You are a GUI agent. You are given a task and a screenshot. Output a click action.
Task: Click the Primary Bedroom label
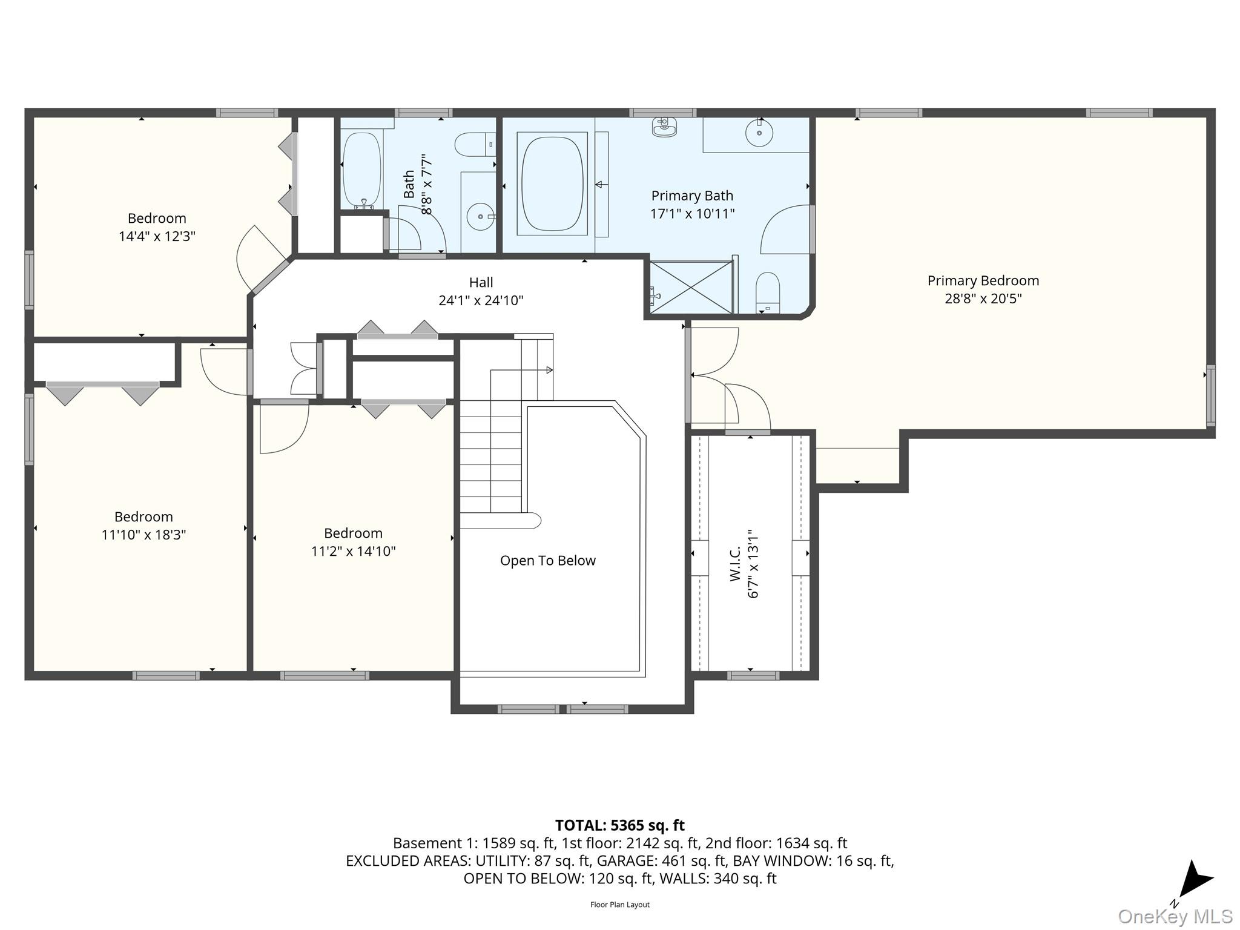pyautogui.click(x=983, y=281)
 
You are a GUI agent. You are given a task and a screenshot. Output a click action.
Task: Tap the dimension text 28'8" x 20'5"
pyautogui.click(x=983, y=298)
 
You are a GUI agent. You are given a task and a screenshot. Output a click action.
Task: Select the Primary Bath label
pyautogui.click(x=692, y=196)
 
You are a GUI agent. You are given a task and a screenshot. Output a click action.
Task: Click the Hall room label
pyautogui.click(x=481, y=282)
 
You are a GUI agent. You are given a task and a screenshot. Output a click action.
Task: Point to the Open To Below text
pyautogui.click(x=548, y=561)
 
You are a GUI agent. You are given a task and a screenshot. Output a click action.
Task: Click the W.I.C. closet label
pyautogui.click(x=736, y=564)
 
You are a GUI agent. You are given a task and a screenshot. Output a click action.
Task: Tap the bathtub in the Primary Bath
pyautogui.click(x=552, y=183)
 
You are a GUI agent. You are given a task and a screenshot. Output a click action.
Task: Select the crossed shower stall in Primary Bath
pyautogui.click(x=691, y=287)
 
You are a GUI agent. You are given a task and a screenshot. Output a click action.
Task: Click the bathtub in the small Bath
pyautogui.click(x=362, y=171)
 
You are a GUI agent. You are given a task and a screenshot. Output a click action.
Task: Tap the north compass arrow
pyautogui.click(x=1195, y=880)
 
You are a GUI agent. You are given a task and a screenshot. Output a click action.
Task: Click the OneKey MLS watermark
pyautogui.click(x=1175, y=917)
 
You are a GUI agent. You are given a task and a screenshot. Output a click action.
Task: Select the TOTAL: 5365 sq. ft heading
pyautogui.click(x=620, y=825)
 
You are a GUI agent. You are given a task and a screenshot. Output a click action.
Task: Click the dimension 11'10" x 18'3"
pyautogui.click(x=143, y=535)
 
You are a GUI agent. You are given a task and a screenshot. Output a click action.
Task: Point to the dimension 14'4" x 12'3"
pyautogui.click(x=157, y=236)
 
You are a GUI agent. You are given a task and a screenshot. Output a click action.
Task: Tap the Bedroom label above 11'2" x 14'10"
pyautogui.click(x=353, y=533)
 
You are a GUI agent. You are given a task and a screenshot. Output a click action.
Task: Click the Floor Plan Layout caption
pyautogui.click(x=620, y=905)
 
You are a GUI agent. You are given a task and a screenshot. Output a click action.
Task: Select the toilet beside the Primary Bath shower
pyautogui.click(x=768, y=292)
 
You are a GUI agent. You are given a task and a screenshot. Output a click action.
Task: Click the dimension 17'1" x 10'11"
pyautogui.click(x=692, y=214)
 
